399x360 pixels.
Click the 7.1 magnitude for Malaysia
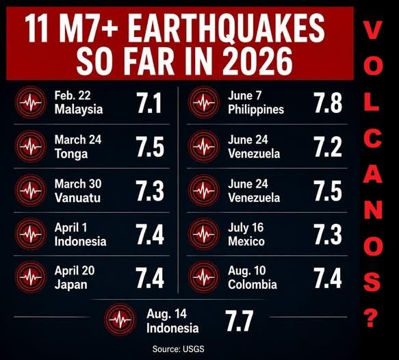click(x=149, y=103)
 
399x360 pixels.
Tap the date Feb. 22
click(x=73, y=95)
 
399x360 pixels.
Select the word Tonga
click(x=71, y=154)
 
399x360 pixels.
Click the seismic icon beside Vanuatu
click(x=31, y=190)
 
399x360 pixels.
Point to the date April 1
click(x=70, y=227)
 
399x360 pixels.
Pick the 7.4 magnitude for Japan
click(x=150, y=278)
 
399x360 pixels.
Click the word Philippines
click(x=256, y=110)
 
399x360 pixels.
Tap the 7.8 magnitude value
click(x=328, y=103)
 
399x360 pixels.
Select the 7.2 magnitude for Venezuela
click(x=328, y=146)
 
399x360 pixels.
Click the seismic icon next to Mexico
click(x=204, y=234)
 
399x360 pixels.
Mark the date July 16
click(x=246, y=228)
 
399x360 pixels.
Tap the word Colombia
click(x=253, y=285)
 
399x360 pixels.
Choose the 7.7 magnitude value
click(x=239, y=320)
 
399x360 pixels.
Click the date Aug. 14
click(x=167, y=314)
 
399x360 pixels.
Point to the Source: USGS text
click(x=178, y=349)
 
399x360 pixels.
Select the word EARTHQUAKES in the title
click(x=227, y=28)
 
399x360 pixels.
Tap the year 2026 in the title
click(x=257, y=62)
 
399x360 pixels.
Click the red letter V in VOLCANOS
click(x=372, y=30)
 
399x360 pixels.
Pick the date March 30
click(x=78, y=183)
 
